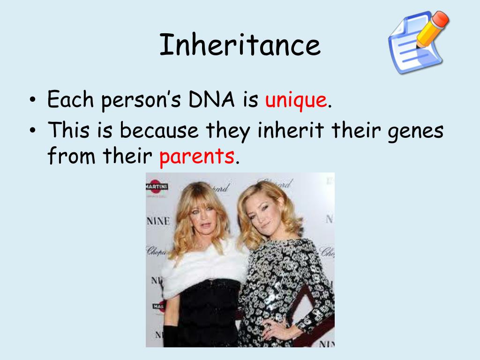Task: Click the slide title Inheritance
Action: pos(240,46)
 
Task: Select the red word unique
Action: pos(296,100)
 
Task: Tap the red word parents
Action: pos(196,157)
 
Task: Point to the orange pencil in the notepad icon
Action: pos(431,29)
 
